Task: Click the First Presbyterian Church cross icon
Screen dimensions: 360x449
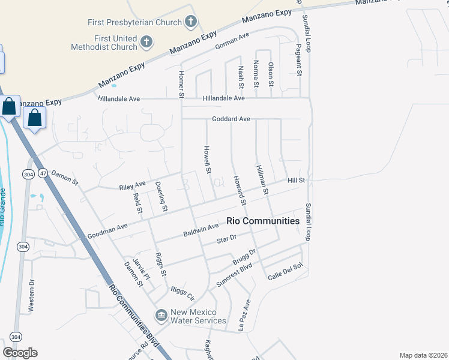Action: (191, 23)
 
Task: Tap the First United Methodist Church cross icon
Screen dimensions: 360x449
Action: (146, 42)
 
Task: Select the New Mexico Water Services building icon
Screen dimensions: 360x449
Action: (161, 315)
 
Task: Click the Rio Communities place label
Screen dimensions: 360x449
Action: (263, 221)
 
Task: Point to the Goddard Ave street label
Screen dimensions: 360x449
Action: (231, 119)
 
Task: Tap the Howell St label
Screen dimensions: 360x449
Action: (207, 160)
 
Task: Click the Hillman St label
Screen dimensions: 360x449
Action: (261, 180)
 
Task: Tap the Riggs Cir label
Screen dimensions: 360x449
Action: (182, 293)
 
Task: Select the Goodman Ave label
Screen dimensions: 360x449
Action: (108, 231)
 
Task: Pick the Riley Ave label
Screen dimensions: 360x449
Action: (133, 185)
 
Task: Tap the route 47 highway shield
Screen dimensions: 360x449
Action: (43, 173)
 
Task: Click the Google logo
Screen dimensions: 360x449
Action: (20, 353)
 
